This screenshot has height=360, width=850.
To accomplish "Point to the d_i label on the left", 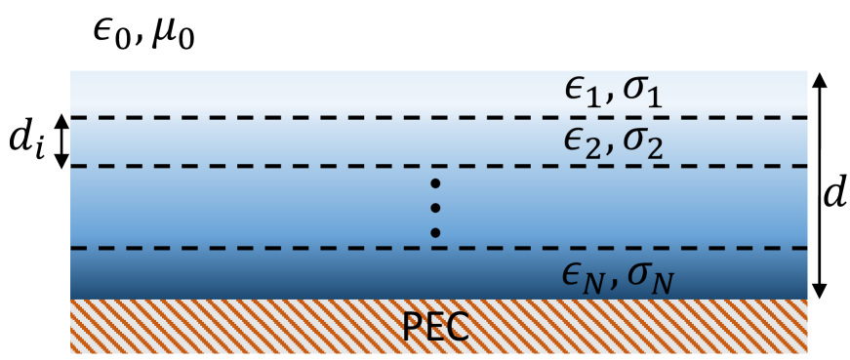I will tap(26, 143).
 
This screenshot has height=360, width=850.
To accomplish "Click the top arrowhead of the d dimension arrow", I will tap(820, 79).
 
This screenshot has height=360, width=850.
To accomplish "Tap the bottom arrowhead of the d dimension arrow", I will tap(820, 291).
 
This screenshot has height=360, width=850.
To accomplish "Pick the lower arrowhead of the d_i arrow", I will tap(61, 161).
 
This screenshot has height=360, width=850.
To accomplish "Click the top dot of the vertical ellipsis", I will tap(436, 184).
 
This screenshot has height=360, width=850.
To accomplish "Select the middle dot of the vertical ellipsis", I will tap(436, 208).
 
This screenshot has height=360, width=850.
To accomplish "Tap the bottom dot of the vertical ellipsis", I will tap(436, 232).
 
